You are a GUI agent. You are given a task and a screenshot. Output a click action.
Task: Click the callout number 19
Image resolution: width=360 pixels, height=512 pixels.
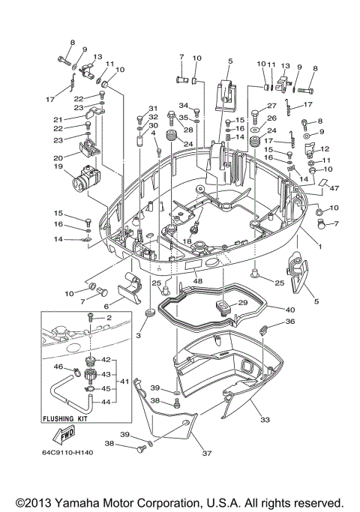pyautogui.click(x=56, y=168)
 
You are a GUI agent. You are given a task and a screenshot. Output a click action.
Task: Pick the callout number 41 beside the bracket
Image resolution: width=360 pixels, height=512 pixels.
pyautogui.click(x=125, y=381)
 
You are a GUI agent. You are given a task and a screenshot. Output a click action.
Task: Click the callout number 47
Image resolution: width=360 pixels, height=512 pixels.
pyautogui.click(x=335, y=190)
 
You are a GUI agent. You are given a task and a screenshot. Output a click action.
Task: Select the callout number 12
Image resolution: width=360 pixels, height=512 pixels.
pyautogui.click(x=325, y=149)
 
